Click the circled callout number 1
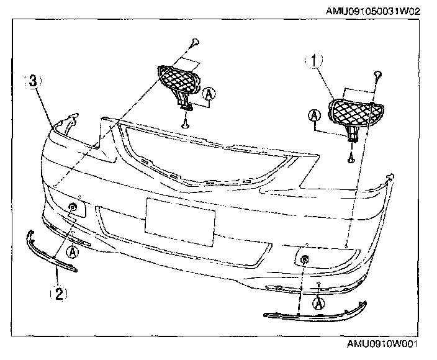coord(316,61)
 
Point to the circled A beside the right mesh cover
coord(315,115)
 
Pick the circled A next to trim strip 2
coord(73,251)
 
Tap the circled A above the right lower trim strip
coord(319,303)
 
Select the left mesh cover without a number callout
coord(180,79)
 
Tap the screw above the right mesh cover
coord(377,74)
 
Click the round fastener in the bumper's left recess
coord(73,206)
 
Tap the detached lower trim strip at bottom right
coord(316,315)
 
